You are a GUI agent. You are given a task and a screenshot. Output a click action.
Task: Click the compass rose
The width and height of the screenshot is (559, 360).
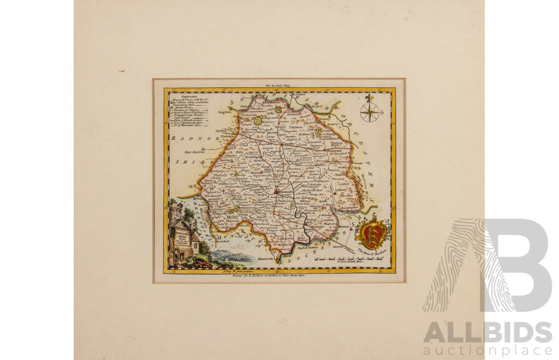(x=370, y=114)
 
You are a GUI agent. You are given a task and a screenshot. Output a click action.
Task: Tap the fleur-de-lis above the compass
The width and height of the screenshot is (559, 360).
(x=370, y=99)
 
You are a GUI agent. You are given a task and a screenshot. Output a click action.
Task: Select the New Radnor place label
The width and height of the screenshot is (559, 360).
(x=194, y=152)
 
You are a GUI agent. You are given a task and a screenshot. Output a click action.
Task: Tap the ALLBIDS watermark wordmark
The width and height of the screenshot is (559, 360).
(x=487, y=332)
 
